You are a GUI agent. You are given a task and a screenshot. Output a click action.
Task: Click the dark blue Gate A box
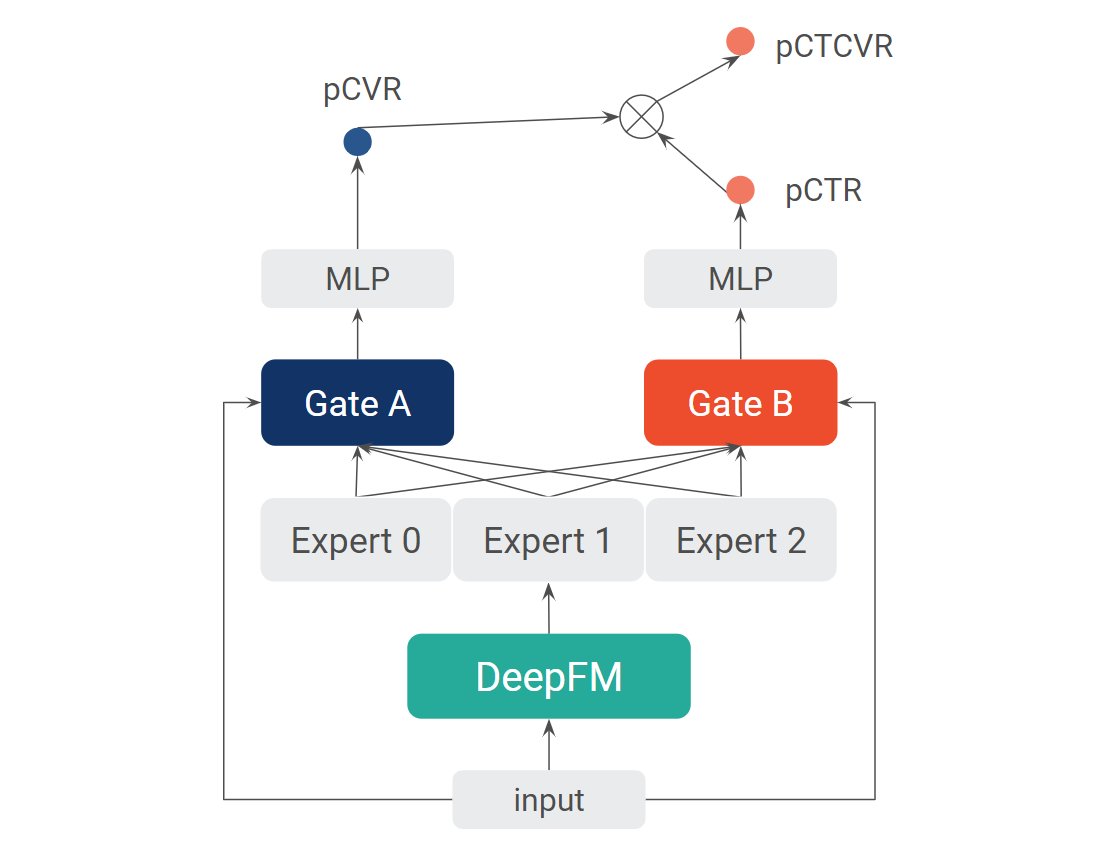point(357,402)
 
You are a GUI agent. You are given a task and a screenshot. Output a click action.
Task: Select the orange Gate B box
point(741,402)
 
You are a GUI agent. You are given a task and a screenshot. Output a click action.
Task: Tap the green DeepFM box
point(549,676)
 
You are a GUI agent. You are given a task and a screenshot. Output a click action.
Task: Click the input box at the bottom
point(549,800)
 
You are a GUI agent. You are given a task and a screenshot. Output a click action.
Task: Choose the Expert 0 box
point(356,540)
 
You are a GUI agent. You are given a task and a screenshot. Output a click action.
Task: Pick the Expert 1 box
point(548,540)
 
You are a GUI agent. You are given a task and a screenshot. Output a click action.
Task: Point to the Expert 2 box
point(741,540)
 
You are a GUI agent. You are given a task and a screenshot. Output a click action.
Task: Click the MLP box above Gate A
point(357,278)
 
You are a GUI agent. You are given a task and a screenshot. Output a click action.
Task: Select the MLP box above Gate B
point(741,278)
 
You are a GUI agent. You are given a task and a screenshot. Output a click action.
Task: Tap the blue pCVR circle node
point(357,142)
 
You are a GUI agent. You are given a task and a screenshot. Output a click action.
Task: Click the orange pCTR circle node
point(741,190)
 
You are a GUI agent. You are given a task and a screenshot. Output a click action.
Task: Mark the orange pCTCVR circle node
point(741,41)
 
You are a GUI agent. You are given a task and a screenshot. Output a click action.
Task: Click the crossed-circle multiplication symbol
point(642,116)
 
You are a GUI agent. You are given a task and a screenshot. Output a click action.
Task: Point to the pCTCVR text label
point(834,47)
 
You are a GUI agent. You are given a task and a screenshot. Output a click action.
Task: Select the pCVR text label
point(362,90)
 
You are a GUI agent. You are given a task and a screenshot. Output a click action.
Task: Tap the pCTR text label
point(823,191)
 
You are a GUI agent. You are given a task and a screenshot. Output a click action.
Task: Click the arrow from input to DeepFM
point(549,745)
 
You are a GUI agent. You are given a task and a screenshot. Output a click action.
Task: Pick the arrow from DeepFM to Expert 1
point(549,608)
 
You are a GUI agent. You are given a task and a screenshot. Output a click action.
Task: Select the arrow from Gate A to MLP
point(357,334)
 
